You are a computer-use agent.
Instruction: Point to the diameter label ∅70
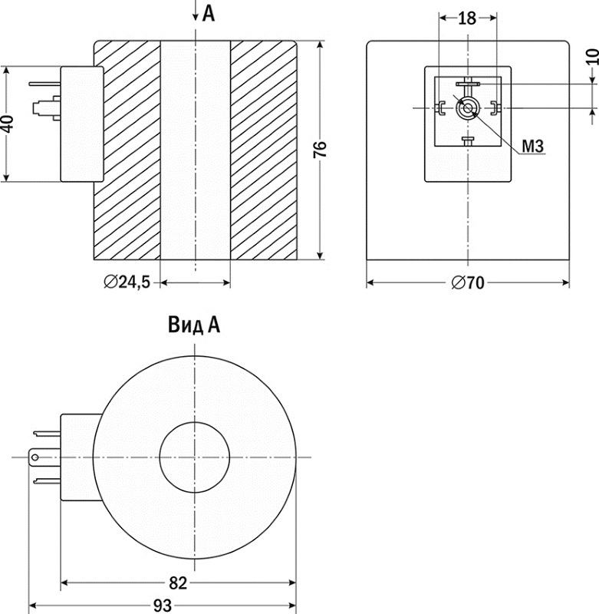(468, 283)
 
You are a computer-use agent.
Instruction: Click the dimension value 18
(467, 18)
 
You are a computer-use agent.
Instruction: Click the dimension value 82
(178, 583)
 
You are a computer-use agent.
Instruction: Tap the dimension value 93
(162, 606)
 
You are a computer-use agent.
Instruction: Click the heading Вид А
(194, 325)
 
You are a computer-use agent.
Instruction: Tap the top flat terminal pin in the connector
(466, 83)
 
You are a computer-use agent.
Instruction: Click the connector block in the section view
(82, 124)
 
